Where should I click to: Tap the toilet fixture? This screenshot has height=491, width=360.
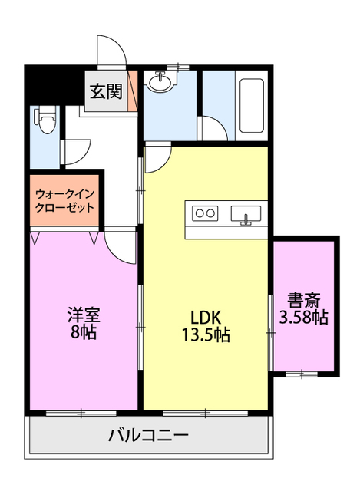43,120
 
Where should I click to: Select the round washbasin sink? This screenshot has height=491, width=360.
161,82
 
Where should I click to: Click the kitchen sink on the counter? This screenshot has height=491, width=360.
246,213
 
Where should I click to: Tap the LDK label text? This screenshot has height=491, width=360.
206,317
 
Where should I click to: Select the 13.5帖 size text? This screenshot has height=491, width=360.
205,334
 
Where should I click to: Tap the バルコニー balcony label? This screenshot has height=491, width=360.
148,437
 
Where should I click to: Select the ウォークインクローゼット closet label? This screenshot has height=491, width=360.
64,201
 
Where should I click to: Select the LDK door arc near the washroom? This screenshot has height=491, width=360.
156,159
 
